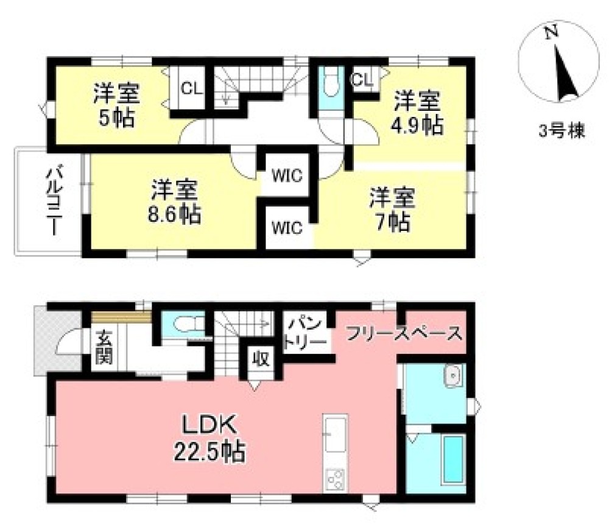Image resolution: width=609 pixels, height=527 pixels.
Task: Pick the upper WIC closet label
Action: pyautogui.click(x=287, y=177)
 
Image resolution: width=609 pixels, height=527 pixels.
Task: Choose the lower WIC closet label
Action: pyautogui.click(x=287, y=228)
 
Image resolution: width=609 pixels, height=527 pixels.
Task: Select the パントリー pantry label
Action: pyautogui.click(x=306, y=332)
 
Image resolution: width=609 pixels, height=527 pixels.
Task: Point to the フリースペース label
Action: pyautogui.click(x=403, y=333)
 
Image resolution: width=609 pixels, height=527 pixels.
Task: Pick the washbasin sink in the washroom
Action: pyautogui.click(x=454, y=376)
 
